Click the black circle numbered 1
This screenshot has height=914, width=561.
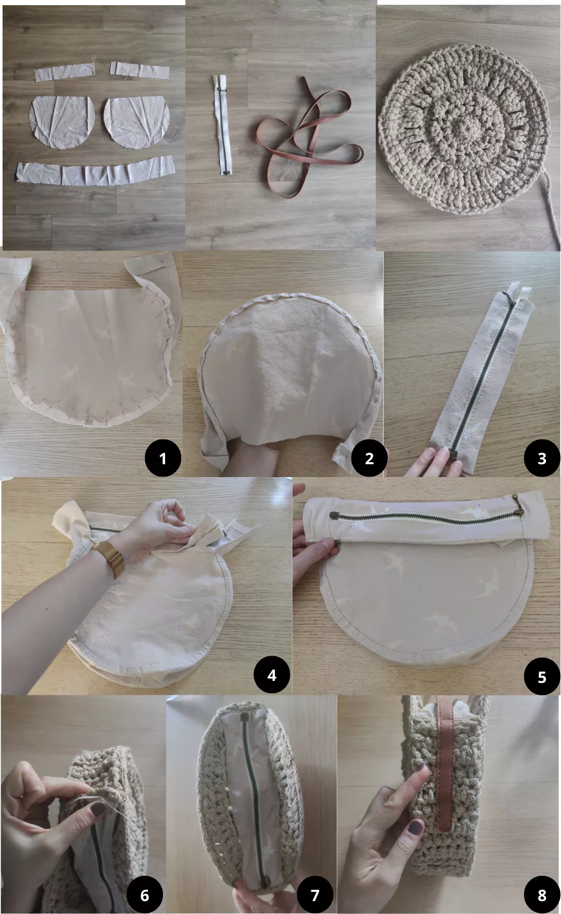click(x=163, y=458)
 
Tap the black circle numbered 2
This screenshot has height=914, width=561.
click(x=369, y=458)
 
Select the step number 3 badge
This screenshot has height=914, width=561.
click(x=541, y=458)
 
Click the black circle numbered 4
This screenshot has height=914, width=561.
click(x=272, y=675)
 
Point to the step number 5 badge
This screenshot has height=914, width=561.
click(x=541, y=676)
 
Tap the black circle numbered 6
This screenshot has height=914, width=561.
click(x=145, y=895)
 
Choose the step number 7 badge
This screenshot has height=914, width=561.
click(x=315, y=895)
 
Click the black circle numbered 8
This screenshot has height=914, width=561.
click(x=541, y=895)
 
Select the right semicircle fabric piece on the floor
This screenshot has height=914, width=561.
click(x=137, y=121)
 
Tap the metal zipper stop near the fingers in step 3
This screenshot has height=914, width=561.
click(x=455, y=453)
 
